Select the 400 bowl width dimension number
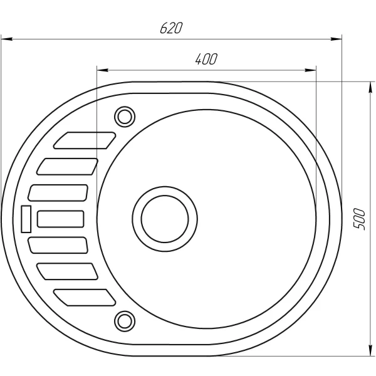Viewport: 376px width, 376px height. (x=206, y=60)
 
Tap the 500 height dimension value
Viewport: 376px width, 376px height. (x=359, y=217)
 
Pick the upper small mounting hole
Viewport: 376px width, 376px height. (x=124, y=116)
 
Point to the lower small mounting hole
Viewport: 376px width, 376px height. (x=124, y=320)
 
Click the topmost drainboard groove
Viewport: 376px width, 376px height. (x=85, y=140)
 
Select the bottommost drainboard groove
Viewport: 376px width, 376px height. (x=85, y=297)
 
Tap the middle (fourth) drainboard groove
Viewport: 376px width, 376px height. (x=61, y=219)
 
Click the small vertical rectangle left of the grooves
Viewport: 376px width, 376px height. (x=26, y=219)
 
